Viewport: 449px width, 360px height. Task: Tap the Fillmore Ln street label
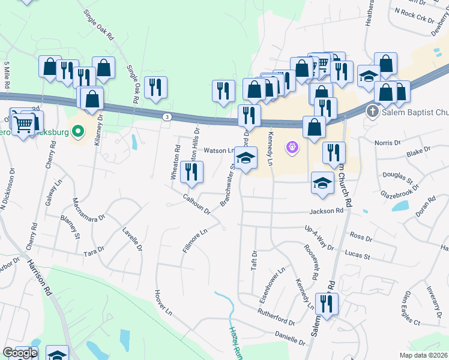coord(195,238)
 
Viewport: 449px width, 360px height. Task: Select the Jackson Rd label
coord(326,211)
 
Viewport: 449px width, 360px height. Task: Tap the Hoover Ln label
coord(163,302)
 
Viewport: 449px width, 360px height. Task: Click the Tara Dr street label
coord(94,250)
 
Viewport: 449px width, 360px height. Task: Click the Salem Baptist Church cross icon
coord(372,112)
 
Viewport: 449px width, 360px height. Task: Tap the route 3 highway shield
coord(167,116)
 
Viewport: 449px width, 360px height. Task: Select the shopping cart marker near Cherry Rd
coord(23,124)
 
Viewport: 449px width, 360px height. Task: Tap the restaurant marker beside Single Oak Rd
coord(155,88)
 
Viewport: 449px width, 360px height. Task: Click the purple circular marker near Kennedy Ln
coord(292,146)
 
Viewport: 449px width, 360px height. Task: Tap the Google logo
coord(19,353)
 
